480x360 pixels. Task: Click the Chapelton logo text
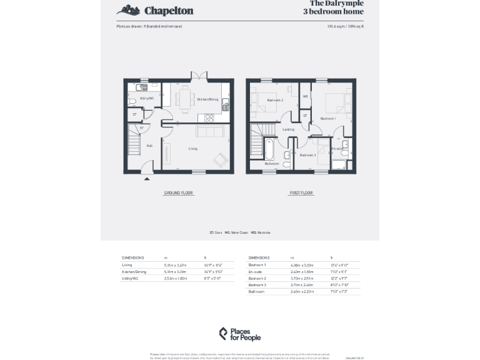(169, 11)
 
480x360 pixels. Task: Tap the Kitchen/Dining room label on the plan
(207, 99)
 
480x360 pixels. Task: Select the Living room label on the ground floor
(193, 149)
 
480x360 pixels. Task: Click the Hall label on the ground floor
(149, 146)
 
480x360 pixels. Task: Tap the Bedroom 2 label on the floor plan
(275, 100)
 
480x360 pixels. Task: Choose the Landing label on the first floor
(288, 129)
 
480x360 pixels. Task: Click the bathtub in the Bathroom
(269, 149)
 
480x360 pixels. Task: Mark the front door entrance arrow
(147, 178)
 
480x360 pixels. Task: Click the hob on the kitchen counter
(209, 117)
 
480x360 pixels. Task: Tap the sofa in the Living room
(211, 131)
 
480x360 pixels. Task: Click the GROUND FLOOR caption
(178, 193)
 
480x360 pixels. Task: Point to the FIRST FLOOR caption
(301, 193)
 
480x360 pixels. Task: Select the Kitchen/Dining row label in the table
(133, 272)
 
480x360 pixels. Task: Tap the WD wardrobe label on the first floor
(305, 96)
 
